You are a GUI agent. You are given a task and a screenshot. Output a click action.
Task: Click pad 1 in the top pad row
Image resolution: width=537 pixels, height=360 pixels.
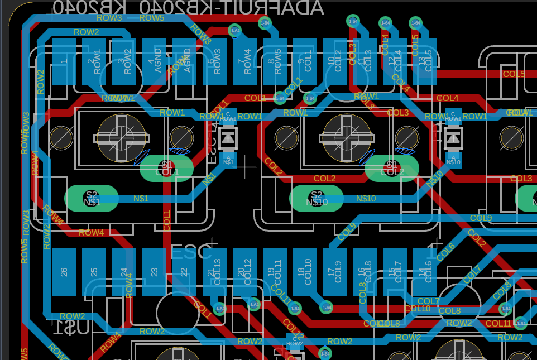(64, 61)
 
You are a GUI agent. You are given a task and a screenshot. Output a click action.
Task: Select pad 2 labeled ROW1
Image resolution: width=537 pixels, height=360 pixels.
(94, 61)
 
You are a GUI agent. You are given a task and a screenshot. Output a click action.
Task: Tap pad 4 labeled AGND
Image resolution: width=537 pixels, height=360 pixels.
(154, 61)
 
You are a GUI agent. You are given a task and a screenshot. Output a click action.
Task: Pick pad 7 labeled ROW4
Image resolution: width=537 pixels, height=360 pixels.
(244, 61)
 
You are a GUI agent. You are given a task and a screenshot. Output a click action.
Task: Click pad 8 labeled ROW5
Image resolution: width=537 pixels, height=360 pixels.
(275, 61)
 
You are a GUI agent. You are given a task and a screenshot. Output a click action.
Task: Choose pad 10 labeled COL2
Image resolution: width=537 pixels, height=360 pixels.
(335, 61)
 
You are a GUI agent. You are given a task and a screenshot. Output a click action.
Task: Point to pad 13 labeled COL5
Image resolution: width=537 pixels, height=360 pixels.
(425, 61)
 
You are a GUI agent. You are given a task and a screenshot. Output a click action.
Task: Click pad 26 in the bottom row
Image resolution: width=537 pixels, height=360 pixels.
(64, 272)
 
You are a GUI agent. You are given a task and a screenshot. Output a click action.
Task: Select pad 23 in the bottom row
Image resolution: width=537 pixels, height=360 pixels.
(154, 272)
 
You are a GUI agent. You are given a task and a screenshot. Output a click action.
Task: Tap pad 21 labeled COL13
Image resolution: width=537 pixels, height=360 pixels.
(214, 272)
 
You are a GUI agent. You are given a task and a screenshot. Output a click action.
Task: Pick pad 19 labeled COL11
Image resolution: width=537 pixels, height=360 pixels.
(275, 272)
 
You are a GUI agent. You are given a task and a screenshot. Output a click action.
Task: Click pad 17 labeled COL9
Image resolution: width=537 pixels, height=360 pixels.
(335, 272)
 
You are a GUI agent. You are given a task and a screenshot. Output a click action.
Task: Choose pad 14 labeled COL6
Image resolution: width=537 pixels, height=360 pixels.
(425, 272)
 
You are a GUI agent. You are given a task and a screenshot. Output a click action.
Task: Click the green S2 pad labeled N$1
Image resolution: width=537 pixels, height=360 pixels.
(92, 198)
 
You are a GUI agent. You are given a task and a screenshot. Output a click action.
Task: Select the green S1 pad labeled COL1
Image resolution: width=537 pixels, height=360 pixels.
(166, 168)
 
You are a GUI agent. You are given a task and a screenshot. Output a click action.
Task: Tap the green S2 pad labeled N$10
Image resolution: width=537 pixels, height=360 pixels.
(317, 198)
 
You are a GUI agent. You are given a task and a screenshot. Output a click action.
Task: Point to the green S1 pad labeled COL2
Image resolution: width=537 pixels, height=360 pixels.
(391, 168)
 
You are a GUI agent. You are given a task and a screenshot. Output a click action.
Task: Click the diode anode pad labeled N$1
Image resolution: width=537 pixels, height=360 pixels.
(228, 160)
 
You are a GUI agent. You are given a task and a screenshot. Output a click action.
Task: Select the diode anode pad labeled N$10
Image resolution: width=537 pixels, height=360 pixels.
(453, 160)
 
